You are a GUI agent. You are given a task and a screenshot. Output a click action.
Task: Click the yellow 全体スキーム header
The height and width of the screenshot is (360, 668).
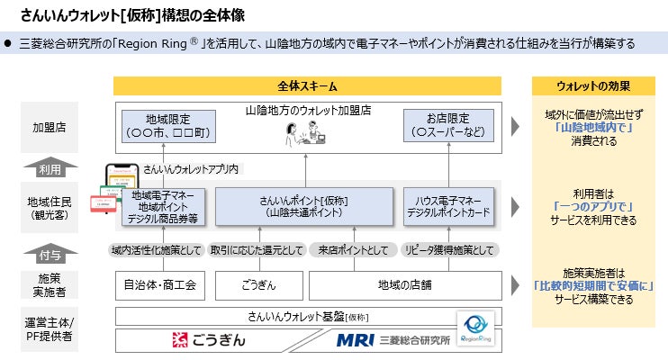click(307, 86)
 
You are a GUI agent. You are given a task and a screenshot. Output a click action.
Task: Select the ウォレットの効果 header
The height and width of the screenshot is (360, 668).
click(592, 86)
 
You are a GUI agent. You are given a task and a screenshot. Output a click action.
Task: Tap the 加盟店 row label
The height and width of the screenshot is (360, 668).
click(49, 128)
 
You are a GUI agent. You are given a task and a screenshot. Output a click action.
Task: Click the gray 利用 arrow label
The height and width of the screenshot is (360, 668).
click(49, 167)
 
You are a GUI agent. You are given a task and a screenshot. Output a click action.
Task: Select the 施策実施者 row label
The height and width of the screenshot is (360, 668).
click(49, 285)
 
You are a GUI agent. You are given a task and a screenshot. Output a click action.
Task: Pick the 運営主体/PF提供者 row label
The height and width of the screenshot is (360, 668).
click(49, 329)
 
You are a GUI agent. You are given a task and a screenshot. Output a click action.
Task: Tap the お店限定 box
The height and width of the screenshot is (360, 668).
click(447, 128)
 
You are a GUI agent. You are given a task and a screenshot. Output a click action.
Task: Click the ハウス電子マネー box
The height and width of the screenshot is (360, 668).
click(447, 206)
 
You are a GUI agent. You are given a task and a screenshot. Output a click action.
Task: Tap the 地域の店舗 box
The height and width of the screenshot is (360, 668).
click(405, 285)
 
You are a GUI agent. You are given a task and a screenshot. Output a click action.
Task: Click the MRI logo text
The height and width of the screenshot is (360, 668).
click(353, 341)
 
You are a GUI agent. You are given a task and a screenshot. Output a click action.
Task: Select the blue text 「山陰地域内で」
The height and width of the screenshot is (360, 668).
click(592, 128)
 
